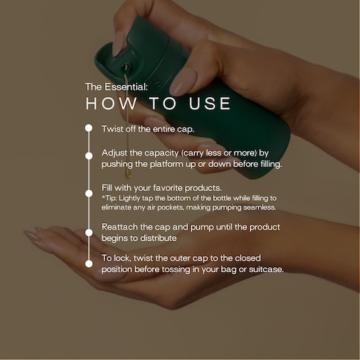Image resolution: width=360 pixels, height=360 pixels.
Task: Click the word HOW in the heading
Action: [x=111, y=104]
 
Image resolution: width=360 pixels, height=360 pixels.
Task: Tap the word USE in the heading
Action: [x=210, y=104]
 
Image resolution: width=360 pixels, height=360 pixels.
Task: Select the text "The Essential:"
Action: [x=117, y=87]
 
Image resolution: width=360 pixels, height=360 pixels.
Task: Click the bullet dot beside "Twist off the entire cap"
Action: [x=89, y=128]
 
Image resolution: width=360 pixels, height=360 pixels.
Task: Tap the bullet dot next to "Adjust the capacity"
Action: [x=89, y=156]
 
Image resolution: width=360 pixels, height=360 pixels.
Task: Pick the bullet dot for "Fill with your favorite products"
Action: [x=89, y=193]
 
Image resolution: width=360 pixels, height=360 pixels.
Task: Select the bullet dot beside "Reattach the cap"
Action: [x=89, y=233]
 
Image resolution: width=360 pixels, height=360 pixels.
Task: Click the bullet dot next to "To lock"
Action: [x=89, y=264]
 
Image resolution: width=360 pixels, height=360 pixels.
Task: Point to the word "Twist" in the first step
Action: [x=112, y=129]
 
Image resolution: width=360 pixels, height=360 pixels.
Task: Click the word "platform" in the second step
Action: [x=166, y=164]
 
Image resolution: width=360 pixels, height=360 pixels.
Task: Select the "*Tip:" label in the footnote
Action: [x=109, y=198]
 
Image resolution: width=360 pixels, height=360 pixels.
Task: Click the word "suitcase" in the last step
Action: [x=266, y=269]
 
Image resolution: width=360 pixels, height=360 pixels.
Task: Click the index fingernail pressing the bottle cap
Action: [x=119, y=44]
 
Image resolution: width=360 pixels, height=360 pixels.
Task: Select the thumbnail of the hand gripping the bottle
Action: [x=183, y=82]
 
